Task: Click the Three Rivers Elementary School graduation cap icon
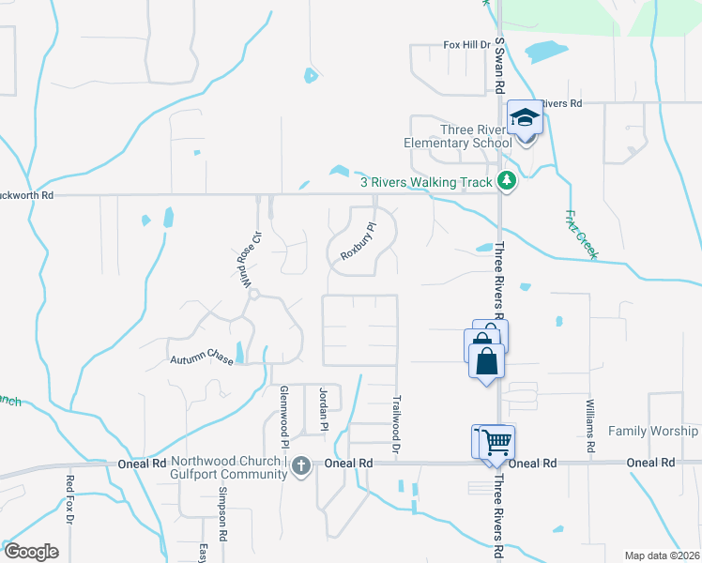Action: click(526, 118)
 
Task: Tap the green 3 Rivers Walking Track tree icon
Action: click(507, 181)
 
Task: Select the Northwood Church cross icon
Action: click(300, 465)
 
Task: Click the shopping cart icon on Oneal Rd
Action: click(498, 441)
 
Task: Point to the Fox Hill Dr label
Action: click(467, 44)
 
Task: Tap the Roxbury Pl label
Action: click(358, 241)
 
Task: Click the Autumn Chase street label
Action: click(201, 359)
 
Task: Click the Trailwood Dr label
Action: click(396, 425)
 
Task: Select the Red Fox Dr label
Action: click(69, 498)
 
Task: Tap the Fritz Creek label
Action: click(582, 234)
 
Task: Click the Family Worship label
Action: click(653, 431)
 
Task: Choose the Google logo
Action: click(31, 552)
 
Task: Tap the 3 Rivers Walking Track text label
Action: click(427, 181)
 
